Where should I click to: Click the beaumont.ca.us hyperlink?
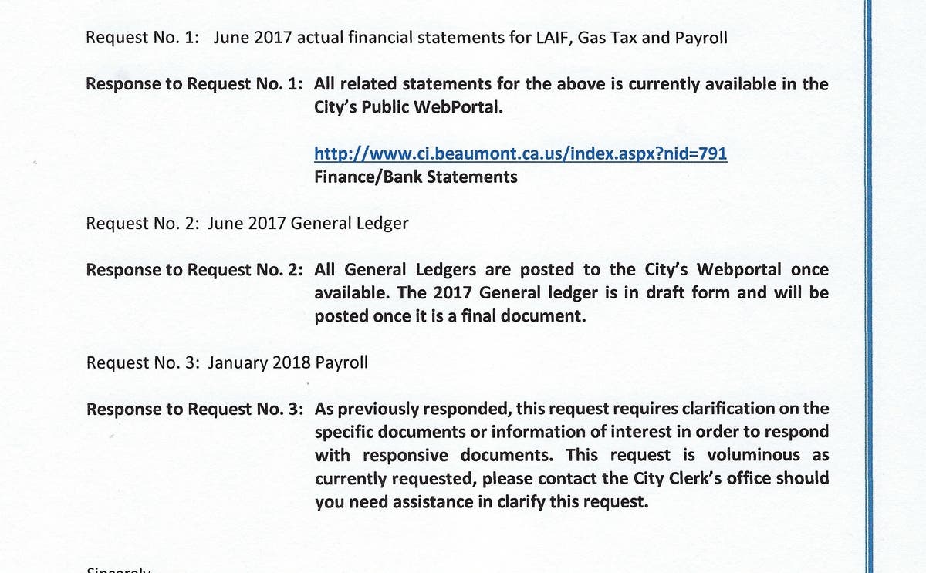click(x=521, y=153)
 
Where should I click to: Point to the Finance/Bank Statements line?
click(x=416, y=177)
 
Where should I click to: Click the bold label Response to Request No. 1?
click(x=194, y=84)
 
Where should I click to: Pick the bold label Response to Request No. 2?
click(x=194, y=270)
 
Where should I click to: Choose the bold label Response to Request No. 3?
click(x=194, y=409)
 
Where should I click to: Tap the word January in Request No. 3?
click(x=236, y=362)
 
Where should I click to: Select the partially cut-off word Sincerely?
click(x=119, y=569)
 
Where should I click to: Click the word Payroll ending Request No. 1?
click(x=701, y=38)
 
